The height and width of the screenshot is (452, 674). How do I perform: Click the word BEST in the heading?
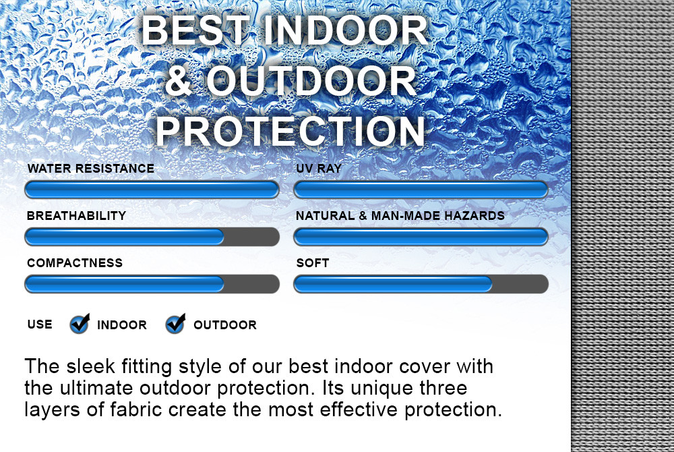point(195,30)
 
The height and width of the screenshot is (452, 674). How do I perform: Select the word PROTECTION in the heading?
point(290,131)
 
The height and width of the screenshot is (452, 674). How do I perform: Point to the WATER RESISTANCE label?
point(91,168)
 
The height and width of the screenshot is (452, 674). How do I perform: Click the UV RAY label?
point(319,168)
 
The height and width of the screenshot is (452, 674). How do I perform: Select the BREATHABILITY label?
point(77,215)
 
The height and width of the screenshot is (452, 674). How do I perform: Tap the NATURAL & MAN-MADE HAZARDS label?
point(400,215)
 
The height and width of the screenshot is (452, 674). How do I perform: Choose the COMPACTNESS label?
point(75,263)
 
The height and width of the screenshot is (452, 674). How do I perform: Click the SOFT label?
point(313,263)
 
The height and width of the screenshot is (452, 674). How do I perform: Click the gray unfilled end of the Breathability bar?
point(251,237)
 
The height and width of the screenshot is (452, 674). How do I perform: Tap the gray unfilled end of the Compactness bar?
point(251,284)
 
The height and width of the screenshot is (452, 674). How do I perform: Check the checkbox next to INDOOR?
point(80,324)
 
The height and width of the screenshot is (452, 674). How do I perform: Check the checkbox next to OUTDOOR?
point(175,324)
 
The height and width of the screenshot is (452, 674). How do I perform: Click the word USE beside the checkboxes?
point(40,324)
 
